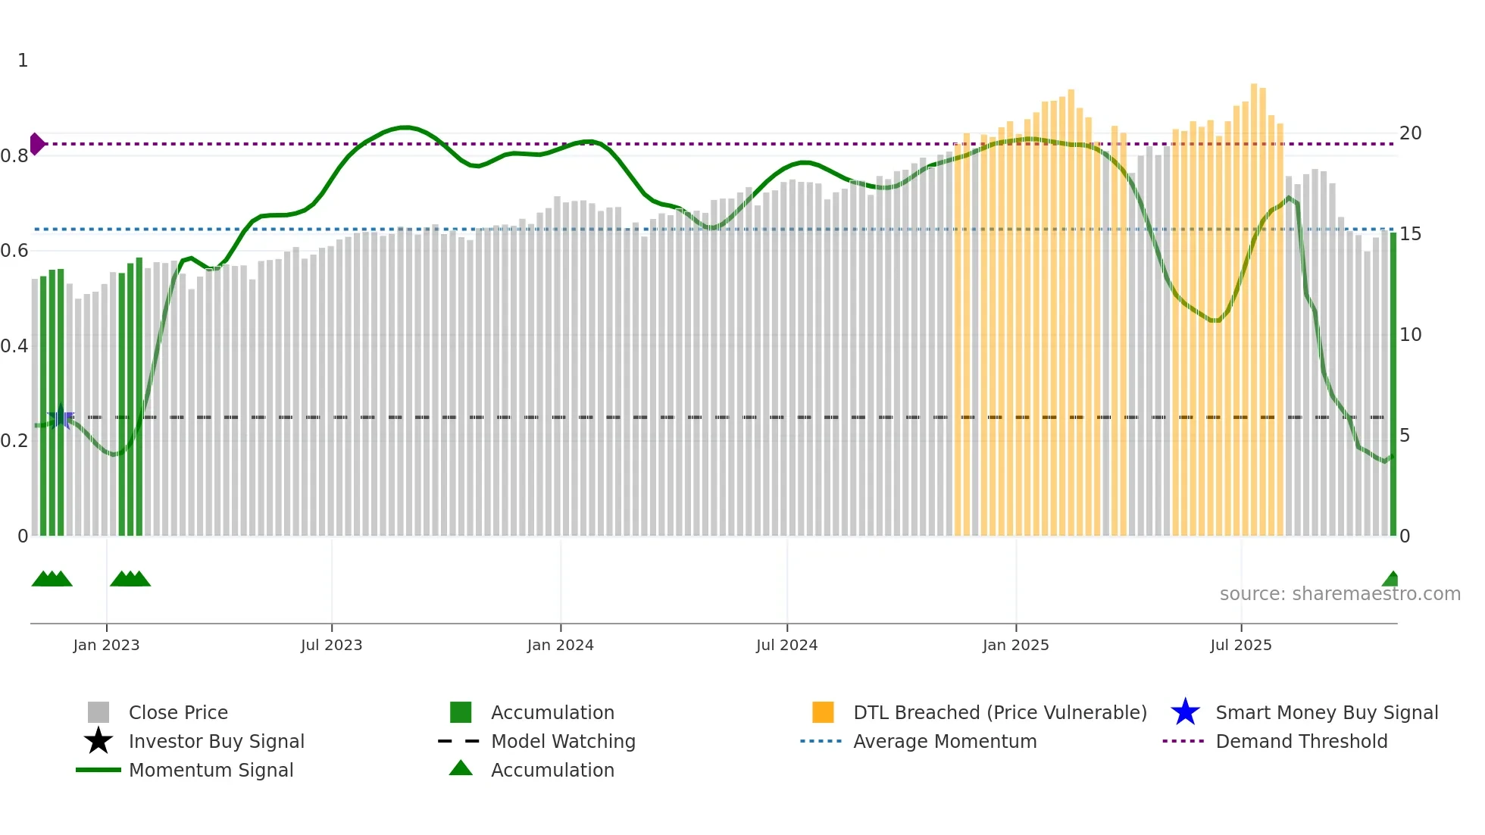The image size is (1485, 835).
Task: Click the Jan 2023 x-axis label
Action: [106, 645]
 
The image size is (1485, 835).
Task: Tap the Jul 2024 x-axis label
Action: [786, 645]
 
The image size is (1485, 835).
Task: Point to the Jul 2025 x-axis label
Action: [1240, 645]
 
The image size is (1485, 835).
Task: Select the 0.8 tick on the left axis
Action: [14, 156]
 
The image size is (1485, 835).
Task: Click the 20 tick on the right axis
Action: [1410, 133]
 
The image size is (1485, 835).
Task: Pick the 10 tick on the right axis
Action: [1410, 335]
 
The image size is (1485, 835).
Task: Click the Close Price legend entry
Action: [178, 712]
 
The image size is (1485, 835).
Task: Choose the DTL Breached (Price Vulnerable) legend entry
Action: [999, 712]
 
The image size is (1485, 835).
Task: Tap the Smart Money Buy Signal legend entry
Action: [1326, 712]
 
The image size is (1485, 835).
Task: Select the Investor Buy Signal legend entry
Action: [216, 741]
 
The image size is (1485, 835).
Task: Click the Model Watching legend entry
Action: [562, 741]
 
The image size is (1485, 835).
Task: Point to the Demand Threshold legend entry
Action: [1301, 741]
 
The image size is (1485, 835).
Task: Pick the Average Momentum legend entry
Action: [944, 741]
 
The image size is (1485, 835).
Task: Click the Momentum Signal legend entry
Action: [211, 770]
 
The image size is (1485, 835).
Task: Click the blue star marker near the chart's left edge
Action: [61, 417]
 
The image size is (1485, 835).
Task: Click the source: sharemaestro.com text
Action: [1340, 594]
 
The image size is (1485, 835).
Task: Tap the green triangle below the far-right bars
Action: [1391, 580]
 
